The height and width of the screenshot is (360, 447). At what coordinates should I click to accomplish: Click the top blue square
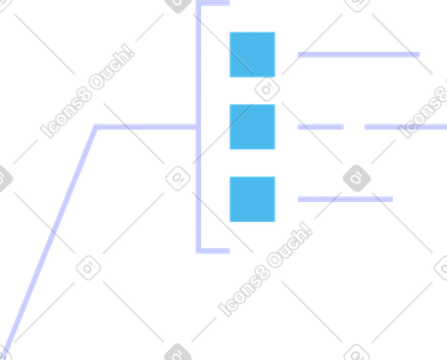click(x=252, y=55)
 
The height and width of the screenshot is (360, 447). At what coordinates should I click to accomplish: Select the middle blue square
click(x=252, y=127)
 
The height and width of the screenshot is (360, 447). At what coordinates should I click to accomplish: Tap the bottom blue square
click(x=252, y=199)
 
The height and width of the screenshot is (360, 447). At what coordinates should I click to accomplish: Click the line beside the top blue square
click(x=359, y=55)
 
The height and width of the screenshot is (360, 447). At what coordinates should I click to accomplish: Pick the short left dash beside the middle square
click(x=321, y=127)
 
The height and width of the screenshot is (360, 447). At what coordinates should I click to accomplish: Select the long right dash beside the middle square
click(x=406, y=127)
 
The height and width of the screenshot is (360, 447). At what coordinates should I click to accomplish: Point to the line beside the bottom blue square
click(x=345, y=199)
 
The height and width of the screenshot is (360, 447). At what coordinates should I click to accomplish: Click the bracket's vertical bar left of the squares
click(x=198, y=127)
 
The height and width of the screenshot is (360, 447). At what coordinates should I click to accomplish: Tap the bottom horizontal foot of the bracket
click(x=213, y=251)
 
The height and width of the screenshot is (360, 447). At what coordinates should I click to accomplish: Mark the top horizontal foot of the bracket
click(x=213, y=3)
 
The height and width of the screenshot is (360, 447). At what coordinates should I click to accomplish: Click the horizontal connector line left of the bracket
click(x=145, y=127)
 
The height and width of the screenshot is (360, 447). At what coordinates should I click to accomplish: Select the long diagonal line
click(x=50, y=242)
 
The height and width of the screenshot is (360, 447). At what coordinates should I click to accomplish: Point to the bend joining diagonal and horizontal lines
click(x=96, y=128)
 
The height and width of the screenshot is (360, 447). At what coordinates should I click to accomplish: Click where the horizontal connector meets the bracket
click(x=198, y=127)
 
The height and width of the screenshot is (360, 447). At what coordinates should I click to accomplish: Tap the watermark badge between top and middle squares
click(x=268, y=89)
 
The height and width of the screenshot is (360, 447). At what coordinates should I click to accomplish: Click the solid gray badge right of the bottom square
click(x=357, y=179)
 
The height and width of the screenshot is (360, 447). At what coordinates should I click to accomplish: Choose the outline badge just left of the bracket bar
click(x=178, y=179)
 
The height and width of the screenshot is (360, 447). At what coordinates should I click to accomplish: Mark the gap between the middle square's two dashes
click(x=354, y=127)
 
